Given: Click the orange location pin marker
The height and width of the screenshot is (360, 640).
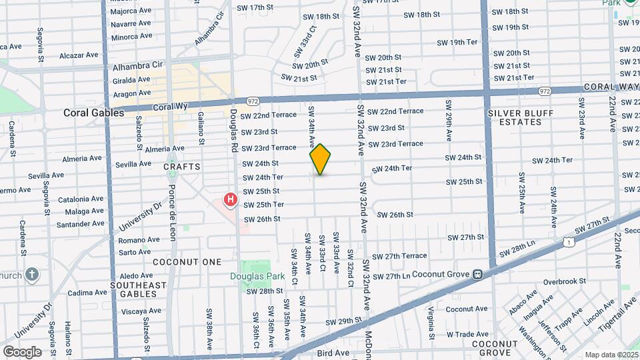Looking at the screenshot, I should point(320,159).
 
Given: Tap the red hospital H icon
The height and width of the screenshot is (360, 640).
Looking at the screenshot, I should point(231,199).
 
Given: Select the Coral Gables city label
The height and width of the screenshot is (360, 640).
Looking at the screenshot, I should point(94,113).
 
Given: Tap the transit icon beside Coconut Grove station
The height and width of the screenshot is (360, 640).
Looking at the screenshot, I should point(478,274).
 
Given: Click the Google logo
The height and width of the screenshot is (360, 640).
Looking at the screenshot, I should point(22,351).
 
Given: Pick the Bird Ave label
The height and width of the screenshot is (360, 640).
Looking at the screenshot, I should point(333,353).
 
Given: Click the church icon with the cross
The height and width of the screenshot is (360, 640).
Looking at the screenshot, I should point(31,275).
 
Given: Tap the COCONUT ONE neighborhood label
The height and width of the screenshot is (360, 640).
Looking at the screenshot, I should point(187,262).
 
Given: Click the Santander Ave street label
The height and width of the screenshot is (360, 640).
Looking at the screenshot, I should point(81,225).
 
